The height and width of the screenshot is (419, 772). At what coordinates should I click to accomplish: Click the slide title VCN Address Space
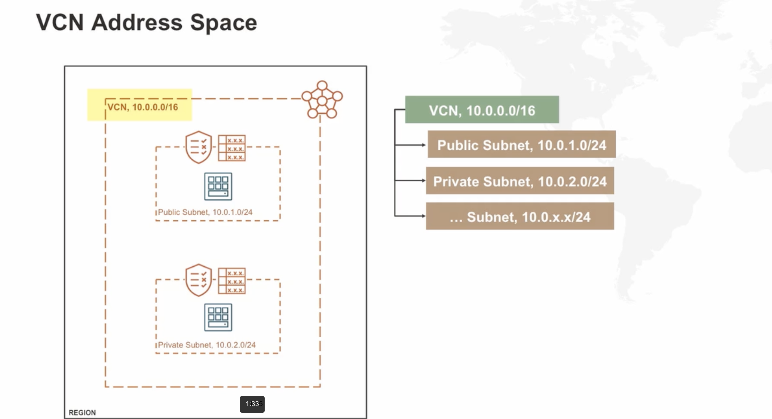pos(146,23)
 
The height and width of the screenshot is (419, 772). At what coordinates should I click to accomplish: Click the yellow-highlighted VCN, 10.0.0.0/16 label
pos(143,107)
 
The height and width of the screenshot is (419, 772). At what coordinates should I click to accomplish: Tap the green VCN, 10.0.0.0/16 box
pos(482,110)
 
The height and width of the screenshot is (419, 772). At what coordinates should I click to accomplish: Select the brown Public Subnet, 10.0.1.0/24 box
pos(522,145)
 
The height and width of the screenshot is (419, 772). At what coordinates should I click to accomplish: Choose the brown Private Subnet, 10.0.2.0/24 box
pos(520,181)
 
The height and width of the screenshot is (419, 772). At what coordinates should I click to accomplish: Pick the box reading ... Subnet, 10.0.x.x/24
pos(520,216)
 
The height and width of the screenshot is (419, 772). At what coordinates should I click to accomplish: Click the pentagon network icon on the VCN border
pos(322,100)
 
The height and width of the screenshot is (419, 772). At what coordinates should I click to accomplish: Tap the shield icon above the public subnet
pos(198,147)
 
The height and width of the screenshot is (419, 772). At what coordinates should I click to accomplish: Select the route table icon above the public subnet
pos(232,148)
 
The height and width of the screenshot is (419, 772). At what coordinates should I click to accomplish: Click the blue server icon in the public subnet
pos(218,186)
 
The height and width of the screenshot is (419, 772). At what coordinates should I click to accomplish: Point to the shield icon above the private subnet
pos(198,280)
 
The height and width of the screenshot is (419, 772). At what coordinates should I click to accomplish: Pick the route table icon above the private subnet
pos(232,281)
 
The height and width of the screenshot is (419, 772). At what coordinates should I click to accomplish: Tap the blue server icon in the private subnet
pos(218,317)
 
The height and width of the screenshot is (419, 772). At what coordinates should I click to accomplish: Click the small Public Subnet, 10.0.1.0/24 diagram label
pos(205,212)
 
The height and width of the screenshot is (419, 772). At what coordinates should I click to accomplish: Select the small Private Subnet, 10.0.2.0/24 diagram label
pos(206,345)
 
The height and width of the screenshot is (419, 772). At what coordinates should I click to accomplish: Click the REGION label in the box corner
pos(82,413)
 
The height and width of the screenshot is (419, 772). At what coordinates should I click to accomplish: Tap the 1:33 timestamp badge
pos(252,404)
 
